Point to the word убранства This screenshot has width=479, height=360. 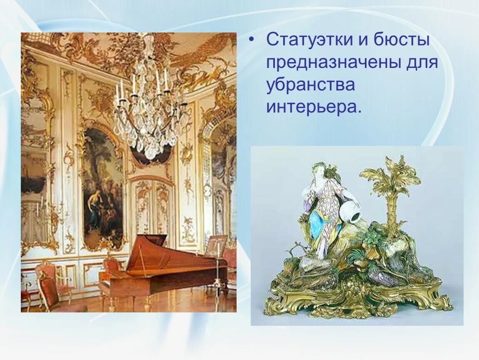[311, 85]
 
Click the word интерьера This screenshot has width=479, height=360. [312, 107]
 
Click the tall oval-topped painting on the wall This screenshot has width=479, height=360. [102, 187]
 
